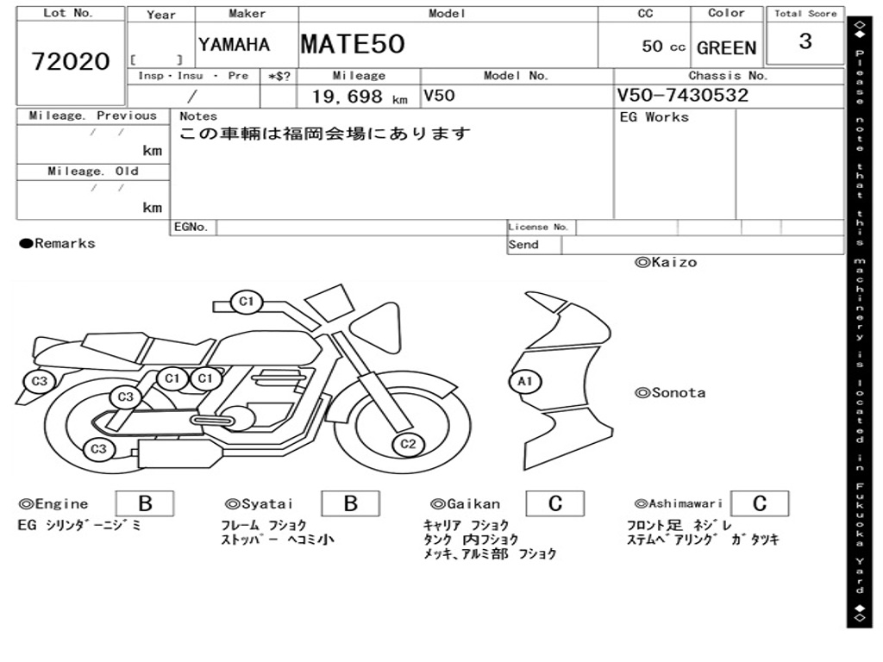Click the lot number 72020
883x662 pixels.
coord(71,61)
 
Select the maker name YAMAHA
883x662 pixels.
coord(234,45)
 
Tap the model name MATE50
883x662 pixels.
coord(353,44)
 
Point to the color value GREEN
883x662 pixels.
coord(726,48)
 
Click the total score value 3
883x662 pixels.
coord(805,41)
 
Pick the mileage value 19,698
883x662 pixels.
coord(348,97)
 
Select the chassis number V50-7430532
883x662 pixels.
coord(683,95)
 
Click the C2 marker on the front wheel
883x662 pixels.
coord(408,444)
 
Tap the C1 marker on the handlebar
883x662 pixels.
coord(247,302)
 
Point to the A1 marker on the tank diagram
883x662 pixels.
coord(525,382)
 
